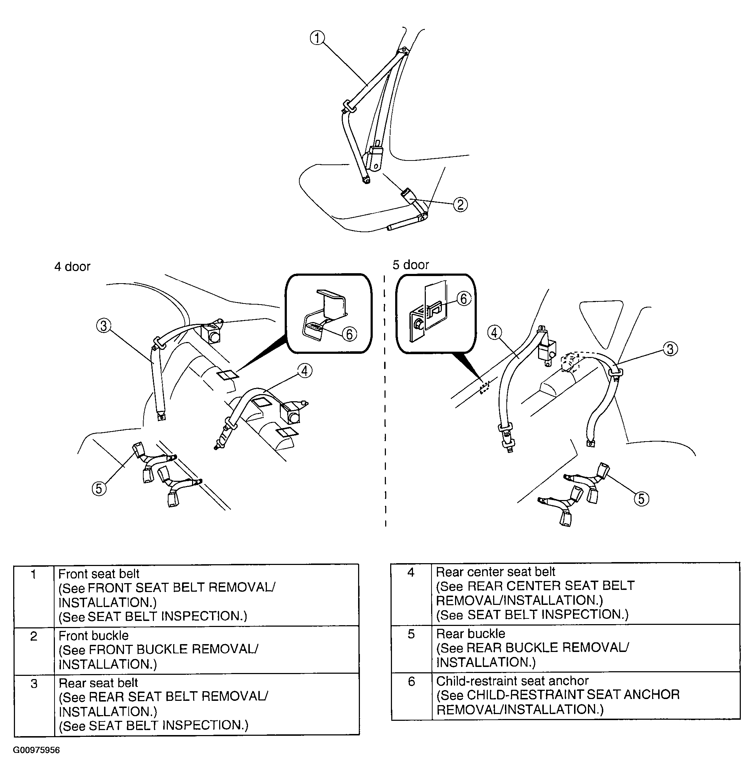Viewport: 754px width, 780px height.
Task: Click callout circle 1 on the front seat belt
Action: (x=317, y=38)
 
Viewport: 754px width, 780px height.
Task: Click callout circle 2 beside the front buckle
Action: (x=460, y=205)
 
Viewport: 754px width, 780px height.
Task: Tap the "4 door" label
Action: (x=72, y=267)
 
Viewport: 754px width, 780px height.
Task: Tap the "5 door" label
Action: (x=411, y=265)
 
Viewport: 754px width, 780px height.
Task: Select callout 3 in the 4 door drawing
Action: (x=104, y=326)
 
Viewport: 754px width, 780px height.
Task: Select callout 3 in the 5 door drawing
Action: (x=670, y=349)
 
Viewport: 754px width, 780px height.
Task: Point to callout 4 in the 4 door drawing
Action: (x=305, y=371)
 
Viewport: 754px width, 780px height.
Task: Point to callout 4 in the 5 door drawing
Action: (x=494, y=332)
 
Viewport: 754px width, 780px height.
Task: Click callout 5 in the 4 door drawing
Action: (x=99, y=488)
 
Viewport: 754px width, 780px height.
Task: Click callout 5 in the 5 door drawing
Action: (x=641, y=499)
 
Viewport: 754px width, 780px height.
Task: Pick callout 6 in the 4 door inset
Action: (x=349, y=334)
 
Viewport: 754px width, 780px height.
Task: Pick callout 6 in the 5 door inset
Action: (x=463, y=299)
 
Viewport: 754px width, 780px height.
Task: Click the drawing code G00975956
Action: (x=37, y=750)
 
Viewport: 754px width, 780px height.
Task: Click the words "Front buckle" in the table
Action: (x=93, y=636)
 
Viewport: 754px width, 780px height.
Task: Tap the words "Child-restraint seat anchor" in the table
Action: (x=512, y=681)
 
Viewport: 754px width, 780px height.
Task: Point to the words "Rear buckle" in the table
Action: (x=470, y=633)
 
